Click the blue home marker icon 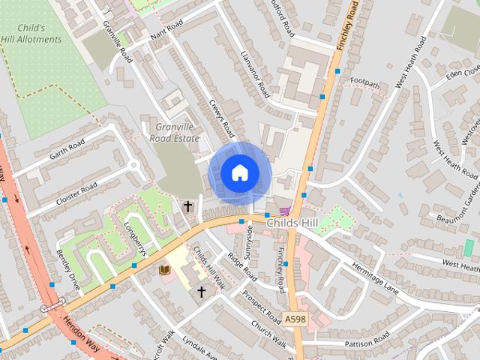238,173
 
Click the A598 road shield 295,319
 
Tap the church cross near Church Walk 201,290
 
